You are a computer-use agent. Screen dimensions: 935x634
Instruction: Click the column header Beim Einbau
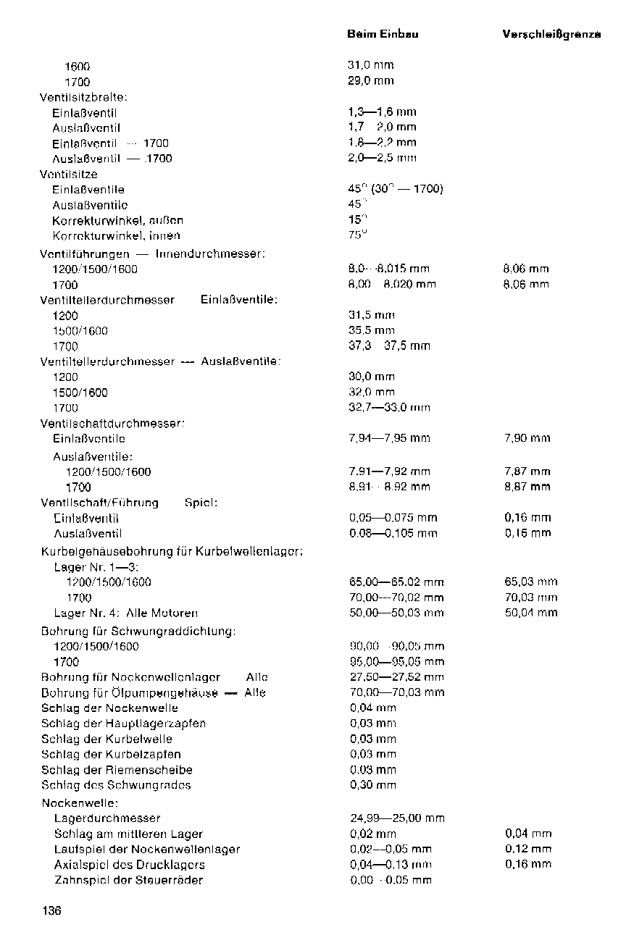(383, 34)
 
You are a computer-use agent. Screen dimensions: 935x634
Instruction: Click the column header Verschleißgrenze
(551, 34)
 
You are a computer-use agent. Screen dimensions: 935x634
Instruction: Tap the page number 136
(51, 911)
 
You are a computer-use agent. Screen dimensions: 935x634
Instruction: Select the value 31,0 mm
(370, 65)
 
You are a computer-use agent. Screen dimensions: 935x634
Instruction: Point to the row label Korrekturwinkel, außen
(117, 220)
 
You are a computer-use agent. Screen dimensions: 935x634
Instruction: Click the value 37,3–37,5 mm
(389, 346)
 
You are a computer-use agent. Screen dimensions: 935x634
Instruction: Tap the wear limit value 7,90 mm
(527, 438)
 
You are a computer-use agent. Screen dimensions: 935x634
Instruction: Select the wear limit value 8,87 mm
(527, 487)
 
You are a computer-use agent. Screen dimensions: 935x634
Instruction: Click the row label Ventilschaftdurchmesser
(112, 423)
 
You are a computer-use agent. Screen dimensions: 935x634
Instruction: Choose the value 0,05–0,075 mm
(393, 518)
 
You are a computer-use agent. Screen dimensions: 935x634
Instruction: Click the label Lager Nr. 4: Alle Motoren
(126, 613)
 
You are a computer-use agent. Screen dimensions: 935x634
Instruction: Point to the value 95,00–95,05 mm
(396, 661)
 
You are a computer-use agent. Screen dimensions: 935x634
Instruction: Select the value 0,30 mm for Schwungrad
(372, 785)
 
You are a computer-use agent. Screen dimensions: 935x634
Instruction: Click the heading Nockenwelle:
(80, 802)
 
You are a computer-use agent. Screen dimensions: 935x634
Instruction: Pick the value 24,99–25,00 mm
(396, 818)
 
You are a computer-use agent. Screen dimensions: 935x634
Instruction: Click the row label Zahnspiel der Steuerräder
(128, 880)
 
